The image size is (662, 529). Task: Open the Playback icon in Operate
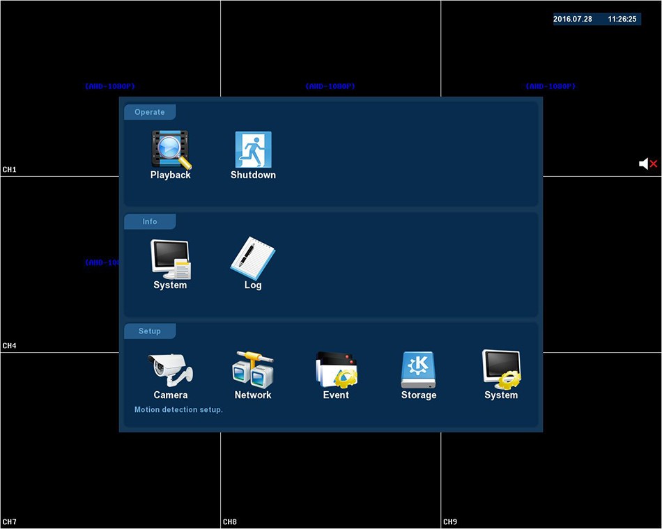tap(171, 149)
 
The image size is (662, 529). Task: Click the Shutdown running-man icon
tap(253, 149)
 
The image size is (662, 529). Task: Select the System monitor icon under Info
tap(171, 259)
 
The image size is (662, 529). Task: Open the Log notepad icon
tap(253, 259)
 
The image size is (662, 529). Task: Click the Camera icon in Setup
tap(171, 370)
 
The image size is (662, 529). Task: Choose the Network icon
tap(253, 370)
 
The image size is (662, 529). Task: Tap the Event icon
tap(336, 370)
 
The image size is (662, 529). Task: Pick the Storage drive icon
tap(418, 370)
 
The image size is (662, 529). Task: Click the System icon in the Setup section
tap(501, 370)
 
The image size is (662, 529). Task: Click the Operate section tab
tap(150, 112)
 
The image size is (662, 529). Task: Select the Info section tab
tap(150, 221)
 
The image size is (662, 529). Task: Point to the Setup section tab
tap(150, 331)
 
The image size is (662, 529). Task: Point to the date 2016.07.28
tap(573, 19)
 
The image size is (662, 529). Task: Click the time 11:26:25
tap(622, 19)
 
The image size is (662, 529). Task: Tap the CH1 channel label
tap(10, 170)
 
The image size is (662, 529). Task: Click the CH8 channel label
tap(230, 522)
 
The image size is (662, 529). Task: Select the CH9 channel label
tap(450, 522)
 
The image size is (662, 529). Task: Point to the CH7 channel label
tap(10, 522)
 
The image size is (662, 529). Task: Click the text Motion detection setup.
tap(178, 410)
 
